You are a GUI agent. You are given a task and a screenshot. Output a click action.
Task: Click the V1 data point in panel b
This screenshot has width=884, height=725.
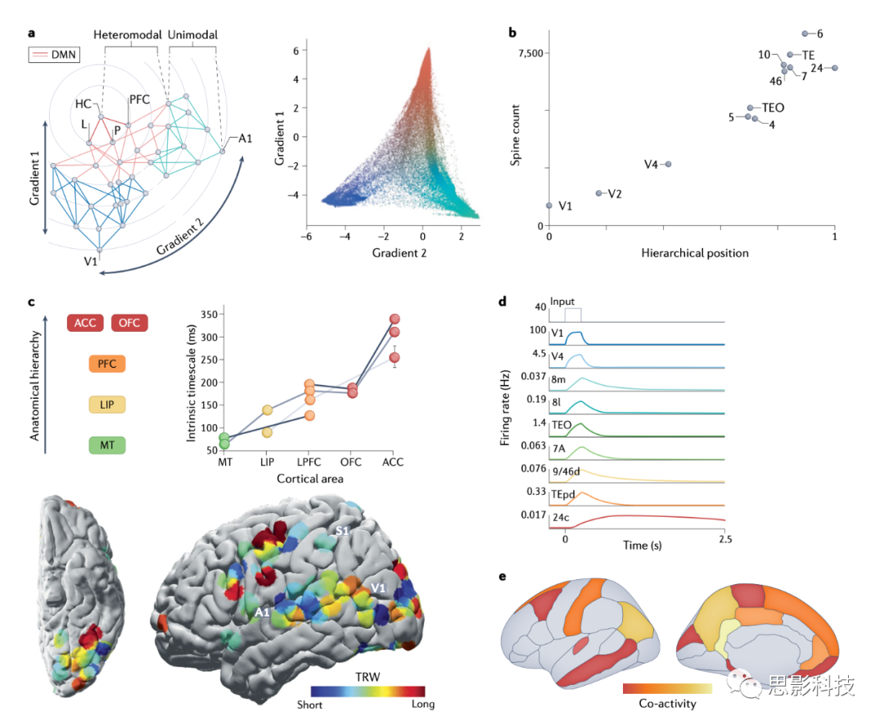coord(549,206)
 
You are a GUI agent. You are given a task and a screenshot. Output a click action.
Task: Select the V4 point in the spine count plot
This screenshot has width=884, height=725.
coord(668,164)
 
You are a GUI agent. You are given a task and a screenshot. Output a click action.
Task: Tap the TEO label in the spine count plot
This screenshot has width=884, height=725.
coord(773,107)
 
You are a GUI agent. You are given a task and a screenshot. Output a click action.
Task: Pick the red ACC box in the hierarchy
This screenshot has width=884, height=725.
coord(85,323)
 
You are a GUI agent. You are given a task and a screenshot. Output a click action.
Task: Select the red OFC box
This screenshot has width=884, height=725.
coord(129,323)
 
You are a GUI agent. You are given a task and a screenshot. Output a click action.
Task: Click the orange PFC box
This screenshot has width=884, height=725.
coord(107,364)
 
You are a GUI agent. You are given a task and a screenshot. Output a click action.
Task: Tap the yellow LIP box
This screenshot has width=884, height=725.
coord(107,405)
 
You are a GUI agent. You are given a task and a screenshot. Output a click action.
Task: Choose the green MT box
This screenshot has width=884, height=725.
coord(107,446)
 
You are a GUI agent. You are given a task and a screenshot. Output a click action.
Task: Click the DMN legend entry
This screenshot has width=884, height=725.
coord(52,55)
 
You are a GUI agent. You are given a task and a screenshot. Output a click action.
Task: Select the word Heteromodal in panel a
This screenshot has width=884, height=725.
coord(127,35)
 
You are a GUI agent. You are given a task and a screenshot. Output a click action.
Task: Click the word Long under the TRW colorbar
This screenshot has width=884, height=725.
coord(422,705)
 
